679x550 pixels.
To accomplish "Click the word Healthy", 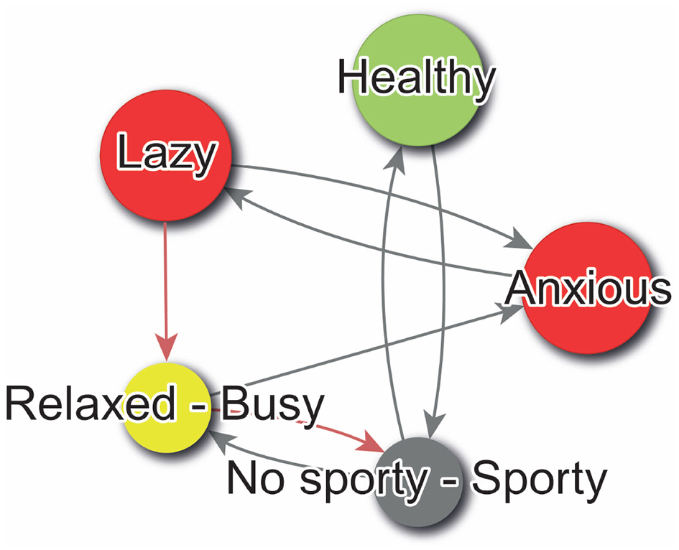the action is [416, 78].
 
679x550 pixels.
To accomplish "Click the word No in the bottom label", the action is [251, 480].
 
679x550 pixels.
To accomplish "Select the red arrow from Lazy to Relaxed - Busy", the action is [166, 287].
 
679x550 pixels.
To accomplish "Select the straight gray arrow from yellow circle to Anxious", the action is [359, 352].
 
